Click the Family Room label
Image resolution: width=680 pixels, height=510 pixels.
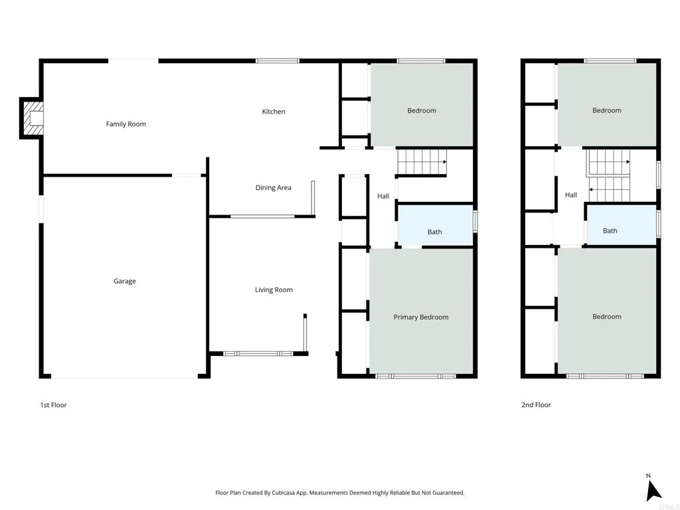126,124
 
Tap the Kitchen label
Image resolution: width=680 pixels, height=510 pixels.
273,112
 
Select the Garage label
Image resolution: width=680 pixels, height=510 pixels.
124,281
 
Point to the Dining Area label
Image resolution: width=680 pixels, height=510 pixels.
273,188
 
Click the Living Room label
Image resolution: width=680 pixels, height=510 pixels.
274,290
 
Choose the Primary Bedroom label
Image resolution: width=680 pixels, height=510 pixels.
420,317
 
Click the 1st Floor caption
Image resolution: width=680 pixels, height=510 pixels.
53,405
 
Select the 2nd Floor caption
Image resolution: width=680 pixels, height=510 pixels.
536,405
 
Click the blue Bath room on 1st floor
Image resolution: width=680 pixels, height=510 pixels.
434,226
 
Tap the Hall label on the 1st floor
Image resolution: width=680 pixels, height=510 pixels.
383,196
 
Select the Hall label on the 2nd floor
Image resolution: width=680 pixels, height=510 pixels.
570,195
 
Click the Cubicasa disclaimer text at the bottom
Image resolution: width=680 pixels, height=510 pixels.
339,493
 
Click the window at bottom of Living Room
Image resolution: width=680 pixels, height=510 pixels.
258,354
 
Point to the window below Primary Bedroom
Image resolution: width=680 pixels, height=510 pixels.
416,377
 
